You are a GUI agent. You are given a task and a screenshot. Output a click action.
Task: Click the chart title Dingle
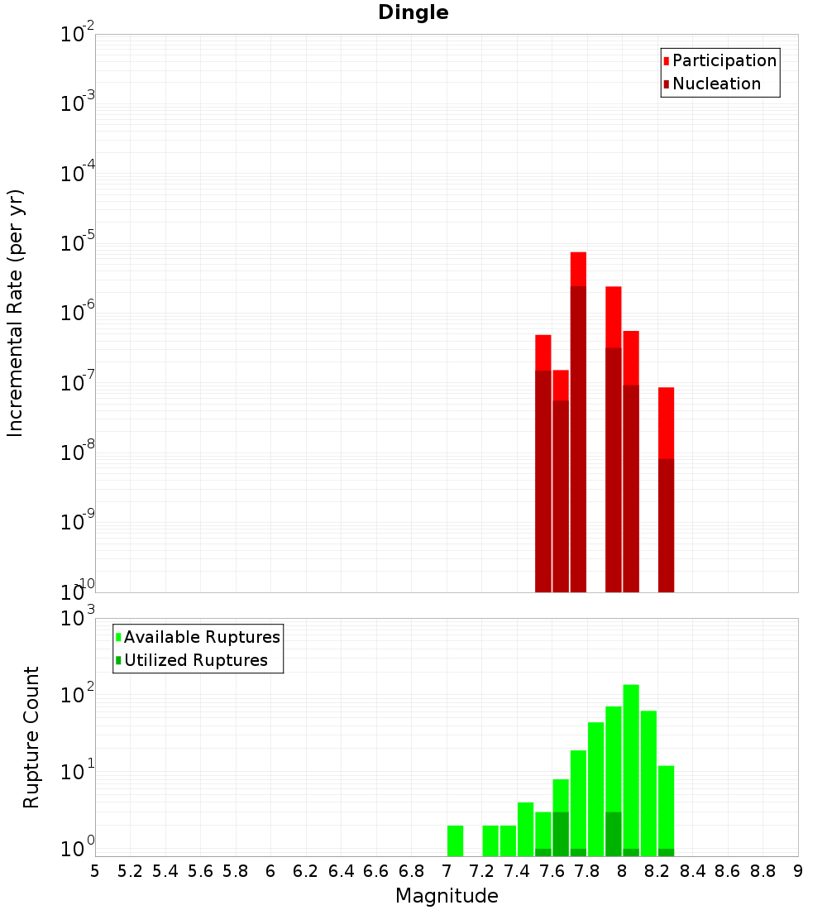413,12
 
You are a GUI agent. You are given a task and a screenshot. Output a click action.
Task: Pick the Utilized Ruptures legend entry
195,660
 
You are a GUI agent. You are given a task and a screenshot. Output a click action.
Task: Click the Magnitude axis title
447,896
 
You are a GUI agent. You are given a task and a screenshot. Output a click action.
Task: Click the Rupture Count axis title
31,737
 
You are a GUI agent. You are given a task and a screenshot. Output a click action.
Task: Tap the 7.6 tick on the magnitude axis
552,871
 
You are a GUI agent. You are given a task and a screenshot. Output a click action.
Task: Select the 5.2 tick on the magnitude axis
130,871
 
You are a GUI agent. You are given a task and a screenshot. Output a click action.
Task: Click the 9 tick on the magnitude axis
798,871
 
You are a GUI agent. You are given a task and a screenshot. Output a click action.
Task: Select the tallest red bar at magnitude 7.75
578,414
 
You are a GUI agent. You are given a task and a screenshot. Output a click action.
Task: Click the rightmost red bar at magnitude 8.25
666,488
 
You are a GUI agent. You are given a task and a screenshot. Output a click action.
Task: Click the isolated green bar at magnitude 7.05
455,840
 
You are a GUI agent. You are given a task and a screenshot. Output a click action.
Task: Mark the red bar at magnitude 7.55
543,463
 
